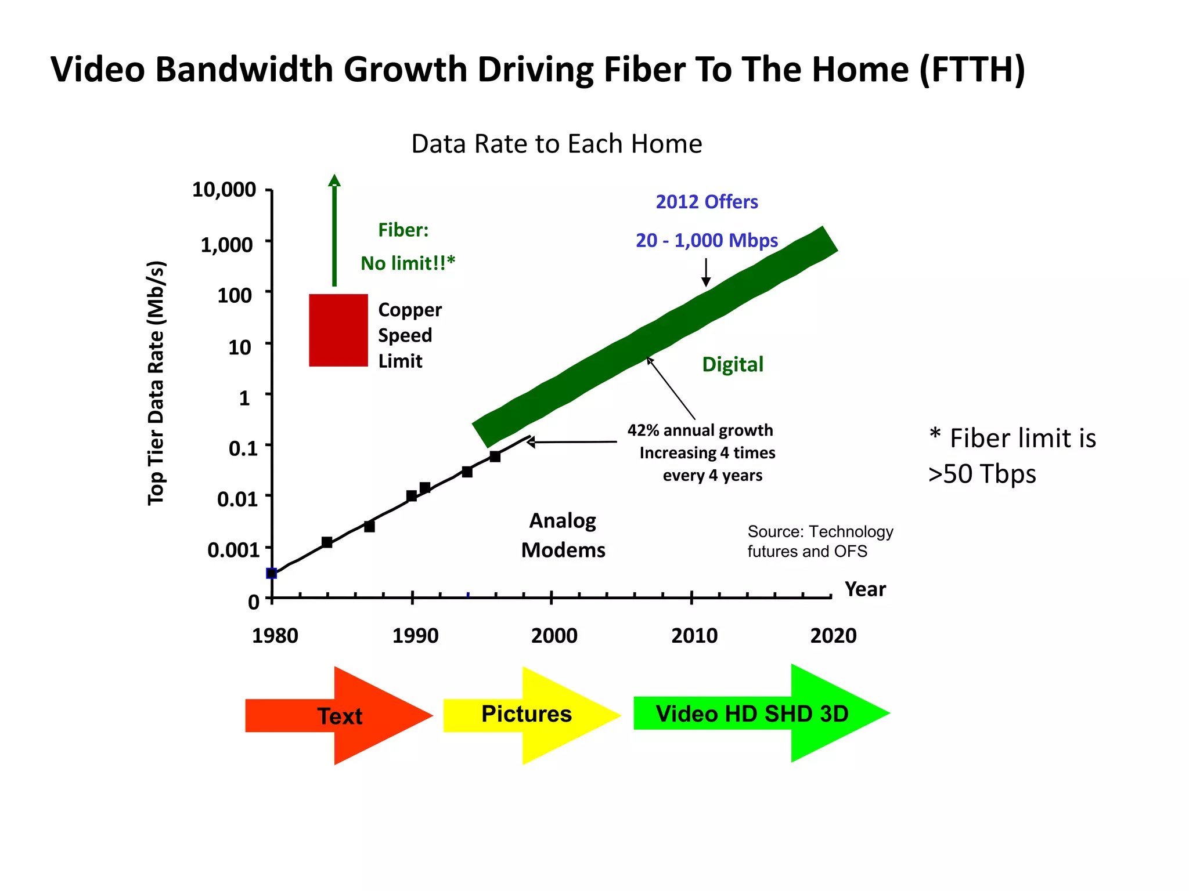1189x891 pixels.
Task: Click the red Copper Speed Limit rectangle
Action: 338,330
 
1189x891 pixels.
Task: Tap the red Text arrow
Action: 339,716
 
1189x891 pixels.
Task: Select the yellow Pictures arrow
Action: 527,714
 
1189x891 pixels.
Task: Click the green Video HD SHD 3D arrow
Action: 752,713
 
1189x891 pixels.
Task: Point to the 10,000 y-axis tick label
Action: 224,189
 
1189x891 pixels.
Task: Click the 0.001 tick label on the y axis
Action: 233,549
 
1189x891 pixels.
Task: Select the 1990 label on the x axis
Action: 415,636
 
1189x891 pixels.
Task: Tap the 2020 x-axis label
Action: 833,636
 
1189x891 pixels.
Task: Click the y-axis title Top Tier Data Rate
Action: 156,383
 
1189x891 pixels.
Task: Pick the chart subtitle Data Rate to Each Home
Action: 556,144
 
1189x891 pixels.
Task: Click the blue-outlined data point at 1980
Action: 271,573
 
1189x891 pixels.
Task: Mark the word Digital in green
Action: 733,364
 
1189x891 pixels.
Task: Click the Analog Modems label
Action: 563,535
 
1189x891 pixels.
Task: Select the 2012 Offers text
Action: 707,202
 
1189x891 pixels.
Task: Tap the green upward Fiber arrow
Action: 334,232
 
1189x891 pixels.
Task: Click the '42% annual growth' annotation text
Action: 700,430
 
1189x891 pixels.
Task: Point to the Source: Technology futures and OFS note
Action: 820,541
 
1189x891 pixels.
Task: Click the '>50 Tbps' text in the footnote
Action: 982,474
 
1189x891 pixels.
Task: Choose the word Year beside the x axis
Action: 865,589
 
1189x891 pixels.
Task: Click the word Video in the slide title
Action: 98,70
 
